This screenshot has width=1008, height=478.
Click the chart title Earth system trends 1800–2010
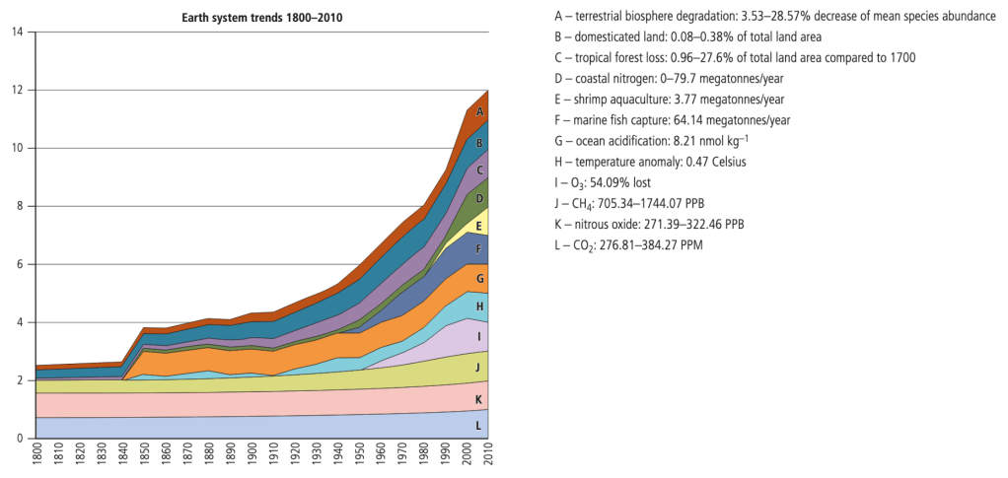pos(262,18)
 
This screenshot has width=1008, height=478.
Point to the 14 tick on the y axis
pos(15,32)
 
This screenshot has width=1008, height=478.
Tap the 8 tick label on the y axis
pos(18,206)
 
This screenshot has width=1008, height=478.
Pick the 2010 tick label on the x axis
pos(490,459)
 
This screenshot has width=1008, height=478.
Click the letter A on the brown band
pos(479,112)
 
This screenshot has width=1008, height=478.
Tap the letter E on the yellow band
pos(479,226)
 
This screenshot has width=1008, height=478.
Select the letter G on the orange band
pos(479,279)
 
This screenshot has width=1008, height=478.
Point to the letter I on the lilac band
pos(479,336)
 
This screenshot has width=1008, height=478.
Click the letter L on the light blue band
pos(479,426)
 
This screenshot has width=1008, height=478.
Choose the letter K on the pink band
pos(479,399)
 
